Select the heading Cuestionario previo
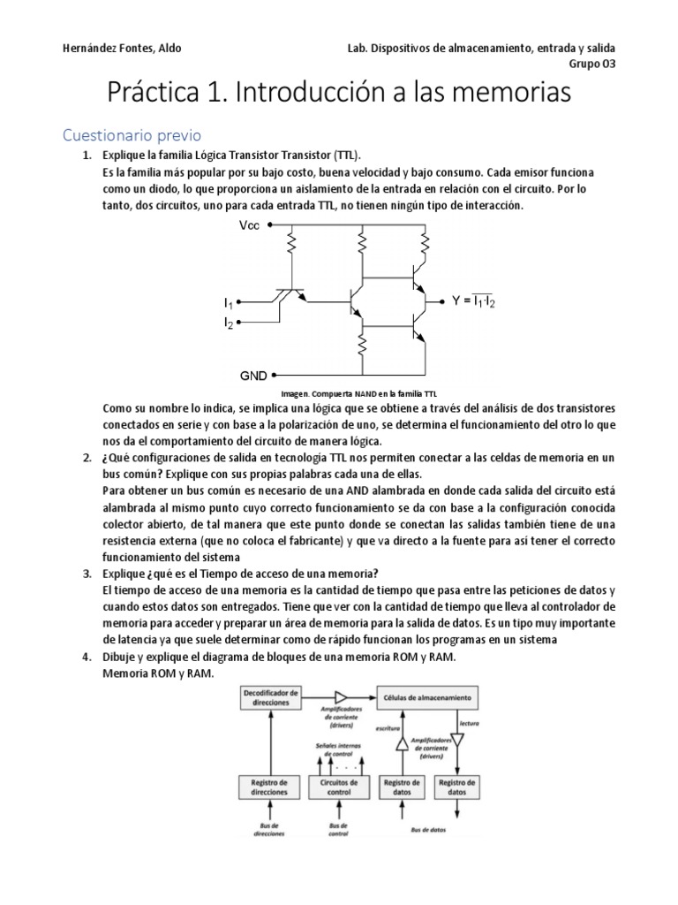click(x=132, y=135)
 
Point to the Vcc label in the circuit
click(x=250, y=225)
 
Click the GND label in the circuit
click(x=253, y=375)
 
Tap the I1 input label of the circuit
click(x=229, y=303)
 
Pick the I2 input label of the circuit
click(x=229, y=323)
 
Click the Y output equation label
click(x=473, y=301)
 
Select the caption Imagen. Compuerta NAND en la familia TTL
click(x=358, y=393)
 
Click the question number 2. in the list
click(x=87, y=457)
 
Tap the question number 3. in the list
click(x=87, y=574)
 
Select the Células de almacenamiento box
click(x=427, y=697)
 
